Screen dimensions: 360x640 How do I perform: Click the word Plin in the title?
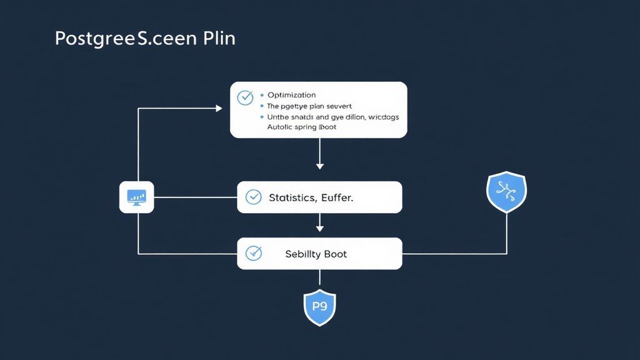[219, 38]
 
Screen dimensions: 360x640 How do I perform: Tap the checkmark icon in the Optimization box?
[245, 97]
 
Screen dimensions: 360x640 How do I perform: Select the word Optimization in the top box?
[292, 95]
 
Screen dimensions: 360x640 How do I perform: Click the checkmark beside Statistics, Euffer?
[253, 197]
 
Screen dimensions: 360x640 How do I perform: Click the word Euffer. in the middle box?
[337, 197]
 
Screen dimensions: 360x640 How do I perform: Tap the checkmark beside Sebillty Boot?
[253, 253]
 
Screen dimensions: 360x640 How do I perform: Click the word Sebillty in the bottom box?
[304, 254]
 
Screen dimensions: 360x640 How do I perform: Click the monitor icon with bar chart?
[136, 197]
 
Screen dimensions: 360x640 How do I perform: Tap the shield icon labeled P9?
[319, 307]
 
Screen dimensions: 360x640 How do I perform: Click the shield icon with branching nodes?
[506, 191]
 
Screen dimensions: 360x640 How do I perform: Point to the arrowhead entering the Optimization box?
[219, 108]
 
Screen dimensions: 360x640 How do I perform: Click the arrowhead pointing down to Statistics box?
[320, 166]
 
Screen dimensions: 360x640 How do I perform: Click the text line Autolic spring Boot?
[301, 127]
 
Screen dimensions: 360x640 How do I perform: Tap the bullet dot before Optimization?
[261, 95]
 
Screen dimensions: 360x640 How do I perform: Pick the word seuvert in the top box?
[336, 106]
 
